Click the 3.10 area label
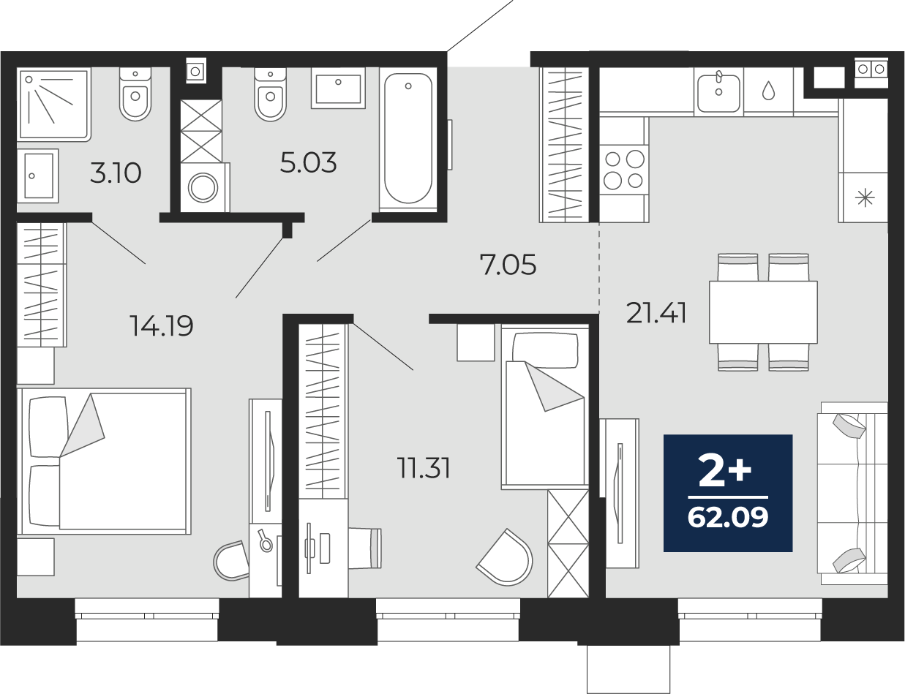pyautogui.click(x=116, y=173)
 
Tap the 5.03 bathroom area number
pyautogui.click(x=308, y=163)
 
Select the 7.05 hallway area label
pyautogui.click(x=508, y=265)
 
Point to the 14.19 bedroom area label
pyautogui.click(x=161, y=325)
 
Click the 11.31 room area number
pyautogui.click(x=424, y=468)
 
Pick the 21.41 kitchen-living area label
pyautogui.click(x=656, y=313)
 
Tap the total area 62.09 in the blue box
pyautogui.click(x=728, y=518)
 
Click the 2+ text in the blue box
pyautogui.click(x=725, y=470)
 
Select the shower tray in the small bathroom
pyautogui.click(x=53, y=105)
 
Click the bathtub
pyautogui.click(x=408, y=138)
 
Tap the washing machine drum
pyautogui.click(x=203, y=188)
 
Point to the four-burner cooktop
pyautogui.click(x=624, y=170)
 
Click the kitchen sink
pyautogui.click(x=718, y=94)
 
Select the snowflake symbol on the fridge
pyautogui.click(x=865, y=197)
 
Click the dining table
pyautogui.click(x=763, y=312)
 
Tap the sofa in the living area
pyautogui.click(x=852, y=494)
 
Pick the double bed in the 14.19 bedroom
pyautogui.click(x=104, y=461)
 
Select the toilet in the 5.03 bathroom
pyautogui.click(x=270, y=94)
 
